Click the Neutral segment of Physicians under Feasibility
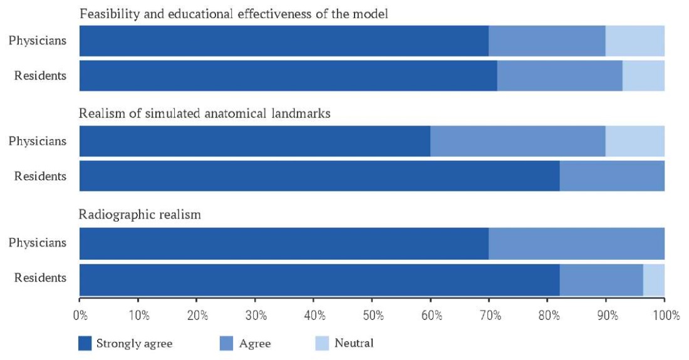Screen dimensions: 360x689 click(x=635, y=41)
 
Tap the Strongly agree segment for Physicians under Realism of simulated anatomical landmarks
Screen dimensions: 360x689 click(x=254, y=141)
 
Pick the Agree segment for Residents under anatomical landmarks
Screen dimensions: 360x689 click(x=611, y=176)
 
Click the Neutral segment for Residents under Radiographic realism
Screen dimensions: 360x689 click(x=653, y=279)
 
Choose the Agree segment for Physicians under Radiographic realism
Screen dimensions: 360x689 click(x=576, y=243)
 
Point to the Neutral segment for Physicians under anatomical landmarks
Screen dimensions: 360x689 click(x=635, y=141)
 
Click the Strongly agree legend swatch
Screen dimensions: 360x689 click(x=85, y=343)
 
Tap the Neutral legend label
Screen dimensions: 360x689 click(x=354, y=343)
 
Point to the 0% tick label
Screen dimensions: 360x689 click(x=80, y=315)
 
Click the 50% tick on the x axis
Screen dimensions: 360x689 click(x=372, y=315)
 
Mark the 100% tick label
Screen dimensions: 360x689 click(x=664, y=315)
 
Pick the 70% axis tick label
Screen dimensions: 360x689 click(x=489, y=315)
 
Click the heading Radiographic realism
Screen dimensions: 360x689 click(x=140, y=215)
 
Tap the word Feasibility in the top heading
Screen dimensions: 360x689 click(x=106, y=13)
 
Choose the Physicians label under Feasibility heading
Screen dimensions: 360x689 click(x=37, y=41)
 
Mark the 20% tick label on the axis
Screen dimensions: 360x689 click(x=197, y=315)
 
